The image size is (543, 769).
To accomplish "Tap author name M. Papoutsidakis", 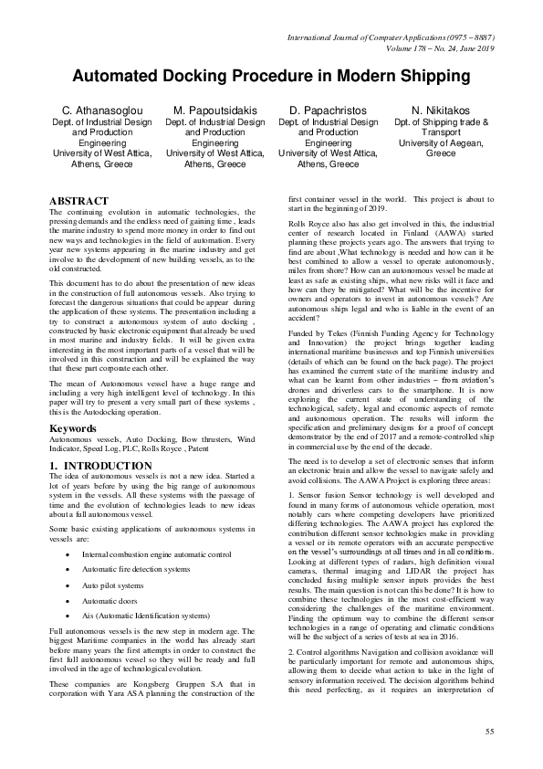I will pos(215,111).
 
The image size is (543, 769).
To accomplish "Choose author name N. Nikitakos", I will pos(441,111).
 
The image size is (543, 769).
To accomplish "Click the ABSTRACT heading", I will pos(78,201).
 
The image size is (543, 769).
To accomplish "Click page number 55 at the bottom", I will pos(489,732).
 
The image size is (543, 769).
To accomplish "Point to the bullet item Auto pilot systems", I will pos(114,585).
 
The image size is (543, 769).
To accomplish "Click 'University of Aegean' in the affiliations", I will pos(441,143).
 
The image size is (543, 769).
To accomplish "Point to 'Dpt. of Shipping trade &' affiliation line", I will pos(441,121).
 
